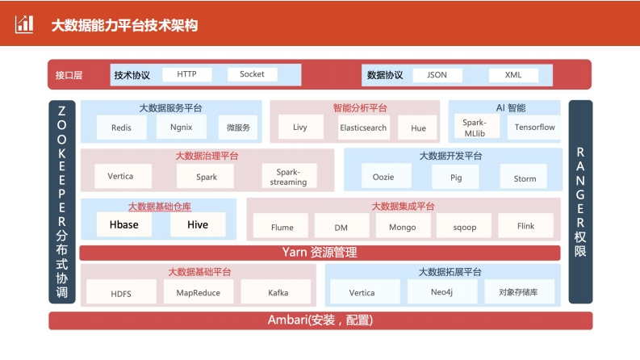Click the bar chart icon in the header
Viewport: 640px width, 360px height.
pos(24,24)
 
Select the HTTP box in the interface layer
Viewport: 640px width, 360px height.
pos(187,74)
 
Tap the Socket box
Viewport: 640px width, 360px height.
pos(253,74)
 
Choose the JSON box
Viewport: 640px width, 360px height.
pos(437,75)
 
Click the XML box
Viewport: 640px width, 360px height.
pos(513,75)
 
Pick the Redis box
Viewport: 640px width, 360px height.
pos(121,128)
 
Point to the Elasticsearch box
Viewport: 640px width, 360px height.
pos(363,128)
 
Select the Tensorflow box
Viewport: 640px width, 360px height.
pos(534,128)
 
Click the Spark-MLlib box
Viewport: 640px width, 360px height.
pos(475,128)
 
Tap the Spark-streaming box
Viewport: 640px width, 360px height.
pos(289,176)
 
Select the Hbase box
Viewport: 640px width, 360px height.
pos(124,224)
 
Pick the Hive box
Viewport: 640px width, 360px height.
pos(198,224)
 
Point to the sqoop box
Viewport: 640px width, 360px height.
pos(464,226)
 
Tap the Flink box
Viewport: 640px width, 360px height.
pos(525,226)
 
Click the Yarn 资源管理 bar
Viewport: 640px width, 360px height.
pos(320,253)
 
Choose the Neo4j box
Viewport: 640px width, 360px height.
pos(442,291)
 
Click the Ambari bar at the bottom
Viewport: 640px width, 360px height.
pos(321,320)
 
